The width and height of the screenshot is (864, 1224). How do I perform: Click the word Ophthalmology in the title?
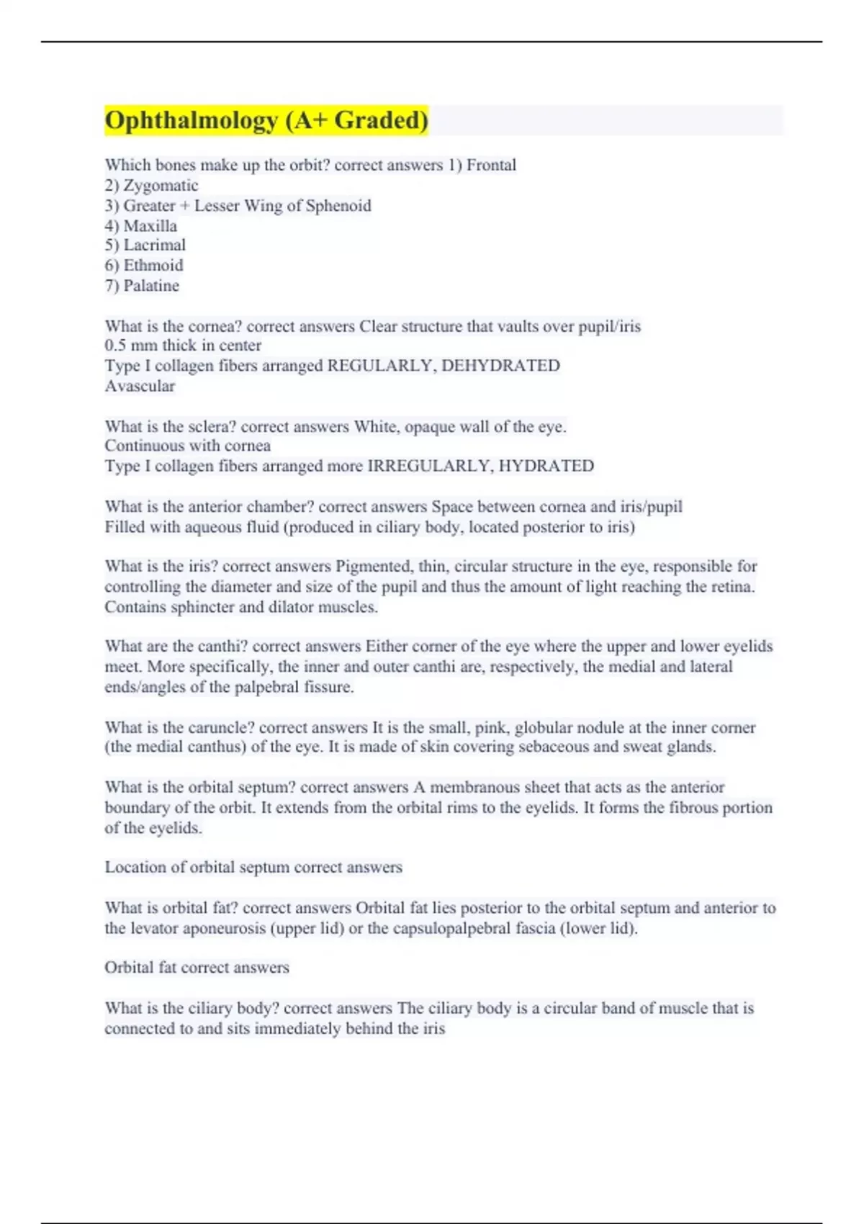coord(191,120)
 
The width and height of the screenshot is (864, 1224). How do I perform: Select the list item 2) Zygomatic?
coord(151,185)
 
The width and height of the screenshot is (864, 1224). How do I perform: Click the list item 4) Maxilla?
coord(140,225)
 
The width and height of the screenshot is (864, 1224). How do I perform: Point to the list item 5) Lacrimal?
coord(145,245)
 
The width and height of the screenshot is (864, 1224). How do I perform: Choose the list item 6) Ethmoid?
coord(144,265)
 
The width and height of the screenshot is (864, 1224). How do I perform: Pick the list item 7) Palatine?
coord(142,285)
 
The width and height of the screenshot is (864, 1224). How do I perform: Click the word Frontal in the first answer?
coord(491,165)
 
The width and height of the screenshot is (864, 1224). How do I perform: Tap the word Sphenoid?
coord(338,205)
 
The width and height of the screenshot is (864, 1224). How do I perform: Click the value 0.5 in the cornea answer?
coord(115,345)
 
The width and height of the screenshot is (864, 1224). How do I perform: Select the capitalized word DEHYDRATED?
coord(500,365)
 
